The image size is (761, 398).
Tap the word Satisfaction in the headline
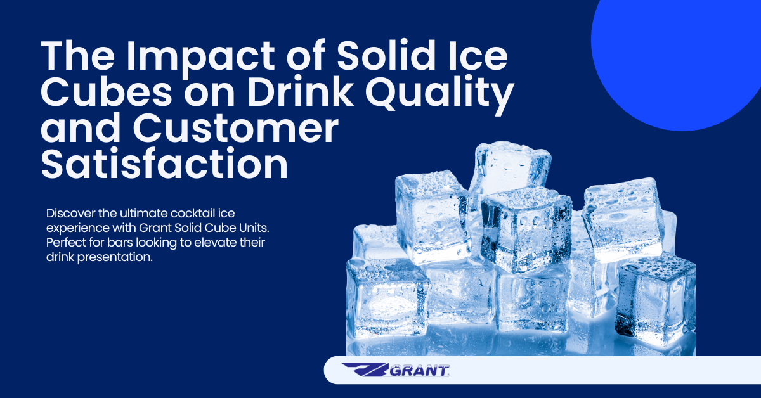tap(164, 164)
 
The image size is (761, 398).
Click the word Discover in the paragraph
tap(70, 214)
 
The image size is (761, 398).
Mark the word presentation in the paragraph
tap(115, 258)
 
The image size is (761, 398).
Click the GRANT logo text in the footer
tap(419, 371)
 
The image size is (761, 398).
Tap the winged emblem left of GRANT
tap(365, 370)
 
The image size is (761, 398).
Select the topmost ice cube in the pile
tap(510, 170)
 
